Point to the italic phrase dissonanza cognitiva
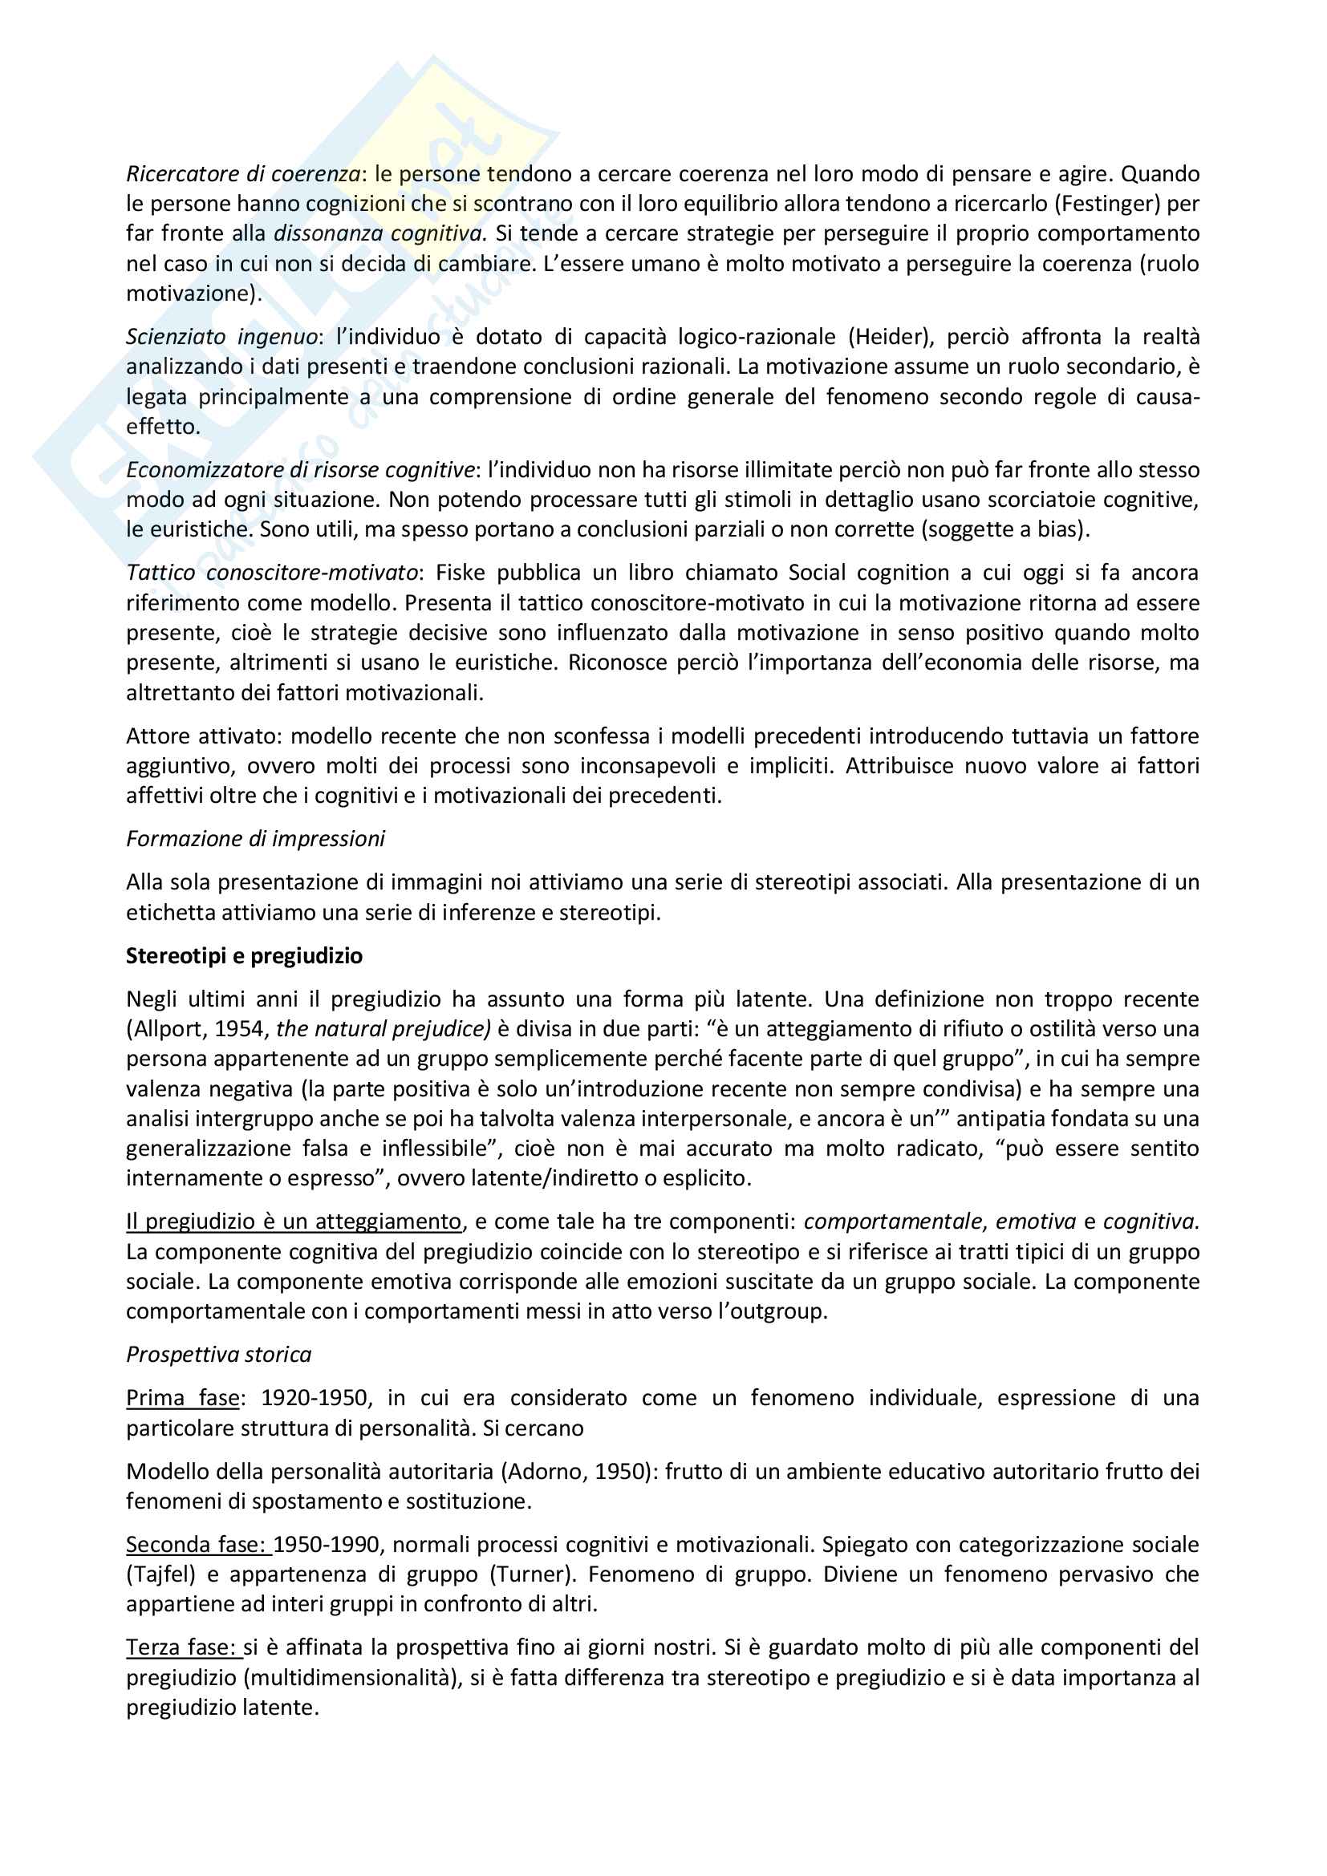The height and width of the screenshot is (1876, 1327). (379, 233)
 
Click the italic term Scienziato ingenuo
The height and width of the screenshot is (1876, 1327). (221, 337)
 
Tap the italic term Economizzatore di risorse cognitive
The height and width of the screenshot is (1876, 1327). (300, 470)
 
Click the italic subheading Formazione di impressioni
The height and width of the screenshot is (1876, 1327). (255, 839)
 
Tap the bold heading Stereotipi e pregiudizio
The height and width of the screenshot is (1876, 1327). (244, 956)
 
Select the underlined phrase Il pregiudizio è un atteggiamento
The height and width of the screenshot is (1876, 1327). (294, 1222)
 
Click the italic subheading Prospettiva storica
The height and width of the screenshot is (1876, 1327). (218, 1355)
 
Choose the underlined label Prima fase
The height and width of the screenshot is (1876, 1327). (182, 1398)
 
